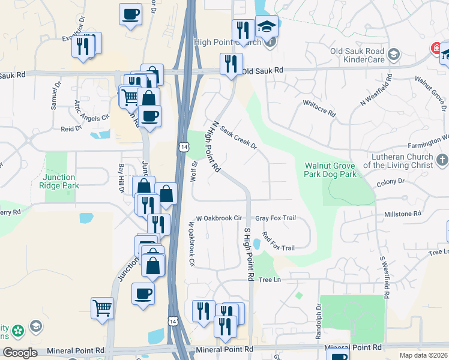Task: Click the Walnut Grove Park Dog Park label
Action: click(331, 170)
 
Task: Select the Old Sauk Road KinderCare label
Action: click(357, 55)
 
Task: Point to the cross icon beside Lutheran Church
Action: click(442, 160)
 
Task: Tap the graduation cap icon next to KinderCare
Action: click(394, 55)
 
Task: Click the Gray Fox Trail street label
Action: click(276, 218)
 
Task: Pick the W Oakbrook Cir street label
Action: click(218, 218)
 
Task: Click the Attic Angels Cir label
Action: click(92, 110)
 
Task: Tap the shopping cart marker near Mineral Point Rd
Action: click(103, 308)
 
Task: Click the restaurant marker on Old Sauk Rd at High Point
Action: click(231, 64)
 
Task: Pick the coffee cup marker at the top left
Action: click(130, 14)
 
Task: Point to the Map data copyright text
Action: click(424, 355)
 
